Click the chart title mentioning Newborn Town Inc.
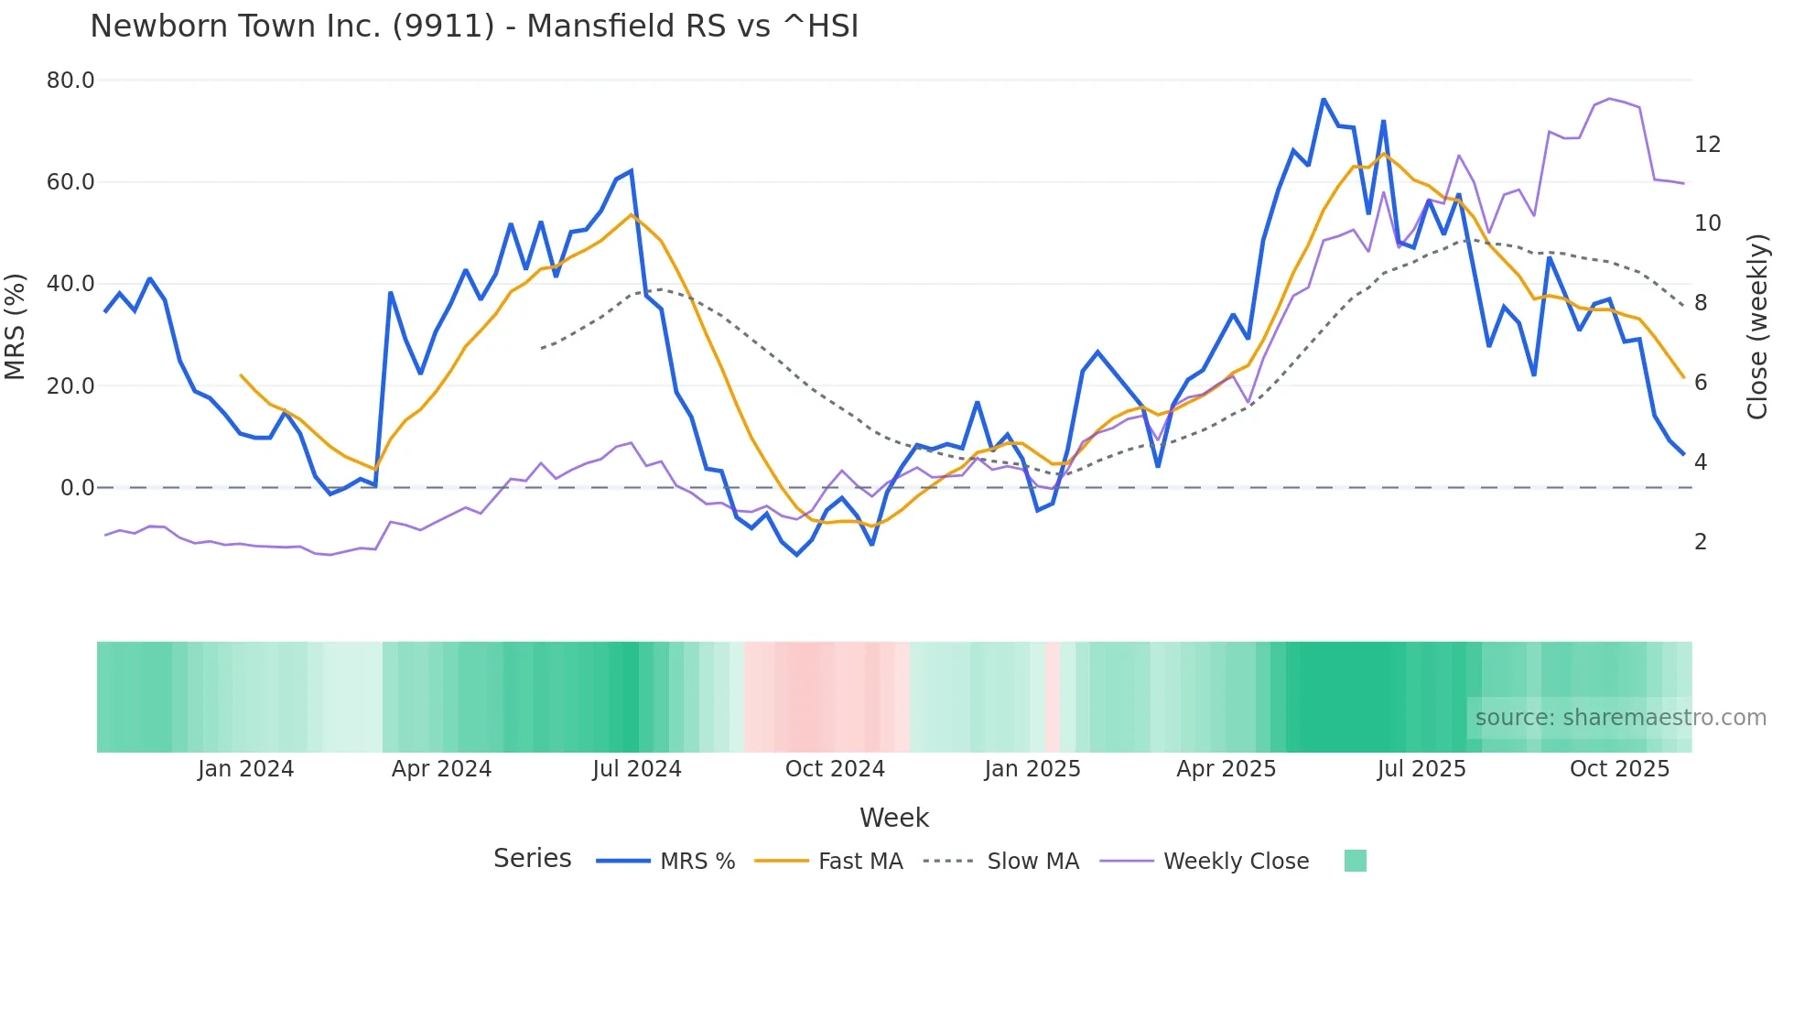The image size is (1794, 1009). tap(474, 27)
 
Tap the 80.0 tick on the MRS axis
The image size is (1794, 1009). tap(70, 81)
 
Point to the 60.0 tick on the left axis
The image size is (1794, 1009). tap(70, 182)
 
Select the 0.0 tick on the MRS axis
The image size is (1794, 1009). tap(77, 488)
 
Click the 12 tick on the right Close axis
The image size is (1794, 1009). tap(1707, 145)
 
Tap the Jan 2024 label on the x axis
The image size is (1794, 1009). tap(245, 769)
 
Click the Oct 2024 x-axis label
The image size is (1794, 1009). tap(835, 769)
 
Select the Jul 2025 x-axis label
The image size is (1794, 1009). tap(1421, 769)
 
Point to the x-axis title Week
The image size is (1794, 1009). tap(893, 818)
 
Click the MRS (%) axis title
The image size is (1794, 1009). tap(16, 326)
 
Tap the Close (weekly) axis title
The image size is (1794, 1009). tap(1757, 326)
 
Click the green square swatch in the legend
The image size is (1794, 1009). tap(1355, 861)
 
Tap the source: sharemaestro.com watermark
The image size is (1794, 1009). tap(1620, 718)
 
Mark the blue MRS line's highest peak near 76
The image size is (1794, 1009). tap(1324, 99)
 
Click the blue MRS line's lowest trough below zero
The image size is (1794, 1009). tap(796, 555)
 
